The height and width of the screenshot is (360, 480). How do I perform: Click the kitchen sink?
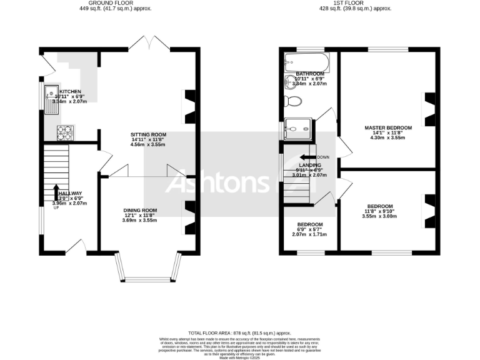(x=52, y=101)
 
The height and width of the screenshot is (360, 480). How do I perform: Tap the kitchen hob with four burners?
(x=65, y=132)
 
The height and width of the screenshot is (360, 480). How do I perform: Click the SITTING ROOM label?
(x=148, y=135)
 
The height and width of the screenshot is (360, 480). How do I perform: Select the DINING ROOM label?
(x=139, y=211)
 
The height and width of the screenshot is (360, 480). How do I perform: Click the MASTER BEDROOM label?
(x=388, y=128)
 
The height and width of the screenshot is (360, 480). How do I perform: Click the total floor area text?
(x=240, y=333)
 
